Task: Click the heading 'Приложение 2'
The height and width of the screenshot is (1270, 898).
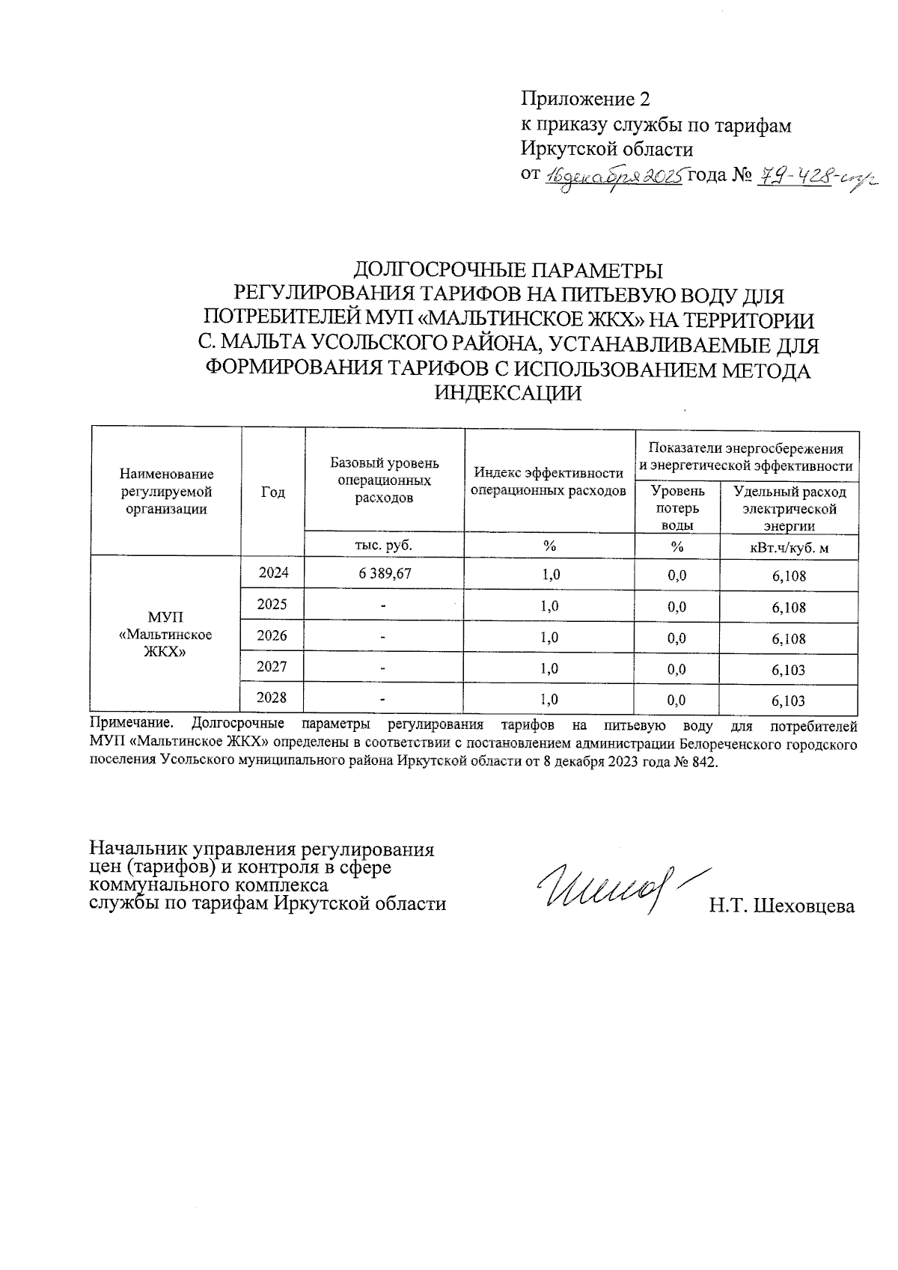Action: tap(585, 100)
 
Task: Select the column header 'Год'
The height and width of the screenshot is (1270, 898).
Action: tap(273, 492)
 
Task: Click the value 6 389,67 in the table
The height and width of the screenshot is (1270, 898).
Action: tap(385, 574)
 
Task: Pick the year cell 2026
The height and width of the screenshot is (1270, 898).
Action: tap(272, 636)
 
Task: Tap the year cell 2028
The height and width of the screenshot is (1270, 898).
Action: tap(272, 698)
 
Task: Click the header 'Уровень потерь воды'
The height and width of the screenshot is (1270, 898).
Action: tap(677, 507)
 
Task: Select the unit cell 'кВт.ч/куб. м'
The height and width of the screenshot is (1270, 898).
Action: tap(789, 548)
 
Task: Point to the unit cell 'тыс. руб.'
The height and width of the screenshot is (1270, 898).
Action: tap(384, 546)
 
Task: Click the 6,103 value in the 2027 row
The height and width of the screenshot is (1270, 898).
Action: tap(789, 670)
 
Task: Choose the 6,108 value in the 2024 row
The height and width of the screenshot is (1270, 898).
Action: tap(789, 576)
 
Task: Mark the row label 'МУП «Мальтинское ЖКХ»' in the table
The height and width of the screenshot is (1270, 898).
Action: tap(165, 634)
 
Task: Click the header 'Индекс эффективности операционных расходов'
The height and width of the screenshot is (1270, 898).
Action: tap(549, 482)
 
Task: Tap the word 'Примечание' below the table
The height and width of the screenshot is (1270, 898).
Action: tap(131, 724)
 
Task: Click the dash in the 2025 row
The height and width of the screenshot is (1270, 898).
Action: tap(383, 606)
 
